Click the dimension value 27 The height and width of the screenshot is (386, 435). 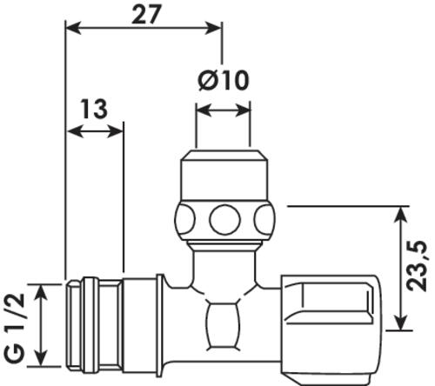(x=145, y=15)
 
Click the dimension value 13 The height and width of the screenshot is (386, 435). (x=94, y=109)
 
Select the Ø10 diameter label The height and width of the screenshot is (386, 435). (x=224, y=80)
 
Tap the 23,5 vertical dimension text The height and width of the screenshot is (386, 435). (x=417, y=266)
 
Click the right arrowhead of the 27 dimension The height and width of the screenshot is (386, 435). (x=214, y=28)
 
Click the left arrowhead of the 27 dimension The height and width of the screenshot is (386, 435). (x=73, y=28)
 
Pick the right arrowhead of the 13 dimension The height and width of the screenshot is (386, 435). (x=116, y=132)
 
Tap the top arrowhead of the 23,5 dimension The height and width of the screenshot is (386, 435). (x=401, y=215)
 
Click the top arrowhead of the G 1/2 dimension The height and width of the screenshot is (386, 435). (x=43, y=293)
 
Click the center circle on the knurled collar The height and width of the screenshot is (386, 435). (x=224, y=219)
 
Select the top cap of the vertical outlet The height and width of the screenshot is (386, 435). (x=224, y=175)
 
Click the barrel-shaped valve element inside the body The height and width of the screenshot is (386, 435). (x=224, y=325)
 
